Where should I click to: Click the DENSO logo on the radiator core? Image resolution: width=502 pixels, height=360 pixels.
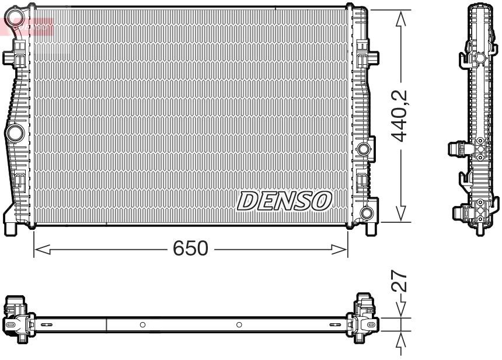[x=284, y=201]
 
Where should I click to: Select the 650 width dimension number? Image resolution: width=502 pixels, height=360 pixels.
[x=190, y=249]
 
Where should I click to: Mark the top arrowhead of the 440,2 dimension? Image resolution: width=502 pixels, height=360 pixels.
[x=401, y=18]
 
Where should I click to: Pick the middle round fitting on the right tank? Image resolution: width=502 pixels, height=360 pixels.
[x=365, y=149]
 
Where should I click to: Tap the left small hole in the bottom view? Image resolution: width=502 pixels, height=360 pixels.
[x=142, y=324]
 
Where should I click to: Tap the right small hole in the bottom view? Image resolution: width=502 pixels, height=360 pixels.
[x=239, y=324]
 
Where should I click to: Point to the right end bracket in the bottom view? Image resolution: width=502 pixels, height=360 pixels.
[x=365, y=319]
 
